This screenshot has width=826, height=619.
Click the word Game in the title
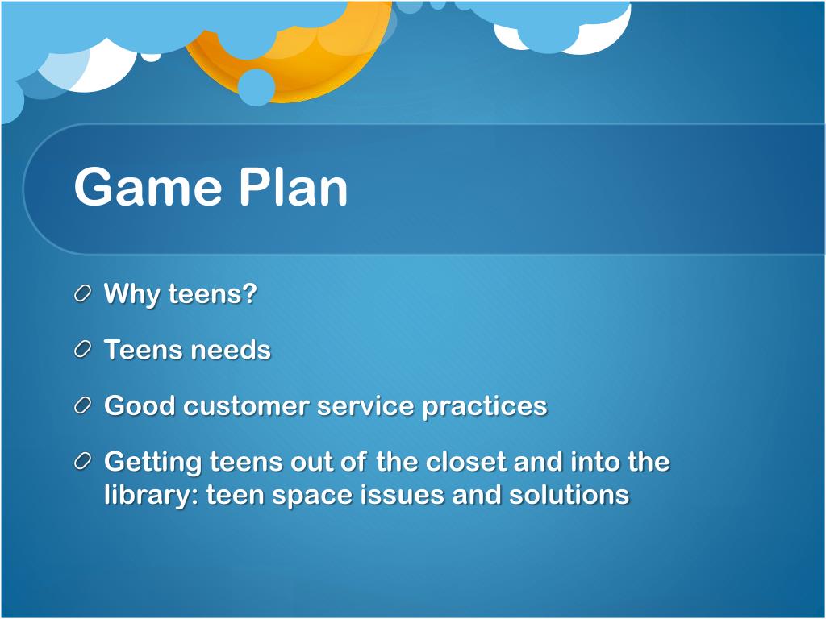[148, 186]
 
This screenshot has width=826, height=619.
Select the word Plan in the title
[294, 186]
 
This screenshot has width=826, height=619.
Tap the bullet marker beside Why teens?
[83, 293]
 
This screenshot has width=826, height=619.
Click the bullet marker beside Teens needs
[83, 350]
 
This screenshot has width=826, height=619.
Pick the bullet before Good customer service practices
[83, 406]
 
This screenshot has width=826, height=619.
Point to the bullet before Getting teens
[83, 462]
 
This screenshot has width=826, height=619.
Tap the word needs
[230, 350]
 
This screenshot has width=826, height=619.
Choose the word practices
[485, 407]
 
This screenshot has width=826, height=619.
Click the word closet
[466, 462]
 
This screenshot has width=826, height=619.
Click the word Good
[140, 406]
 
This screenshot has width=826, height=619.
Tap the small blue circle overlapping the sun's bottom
[256, 87]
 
